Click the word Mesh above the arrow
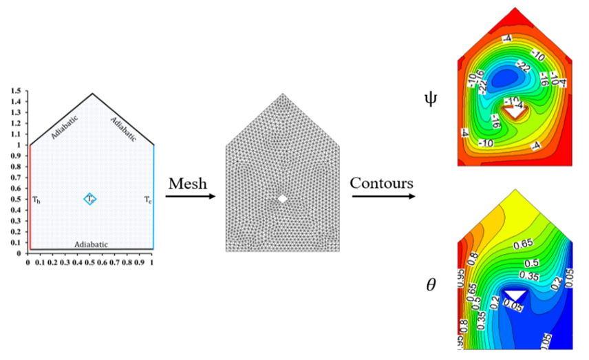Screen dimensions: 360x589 pyautogui.click(x=188, y=184)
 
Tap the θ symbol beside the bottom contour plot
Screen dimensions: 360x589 pyautogui.click(x=431, y=283)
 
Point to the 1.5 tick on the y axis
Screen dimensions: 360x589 pyautogui.click(x=15, y=91)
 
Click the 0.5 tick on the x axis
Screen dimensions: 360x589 pyautogui.click(x=89, y=263)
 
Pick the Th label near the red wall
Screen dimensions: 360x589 pyautogui.click(x=35, y=200)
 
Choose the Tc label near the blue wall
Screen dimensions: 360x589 pyautogui.click(x=147, y=200)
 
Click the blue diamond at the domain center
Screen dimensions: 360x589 pyautogui.click(x=90, y=199)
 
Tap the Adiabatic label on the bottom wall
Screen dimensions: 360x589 pyautogui.click(x=90, y=244)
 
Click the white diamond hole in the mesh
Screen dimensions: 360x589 pyautogui.click(x=282, y=199)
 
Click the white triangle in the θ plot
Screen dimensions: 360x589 pyautogui.click(x=515, y=295)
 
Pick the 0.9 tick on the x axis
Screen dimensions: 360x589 pyautogui.click(x=140, y=263)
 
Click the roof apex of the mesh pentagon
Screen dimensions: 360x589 pyautogui.click(x=282, y=94)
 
